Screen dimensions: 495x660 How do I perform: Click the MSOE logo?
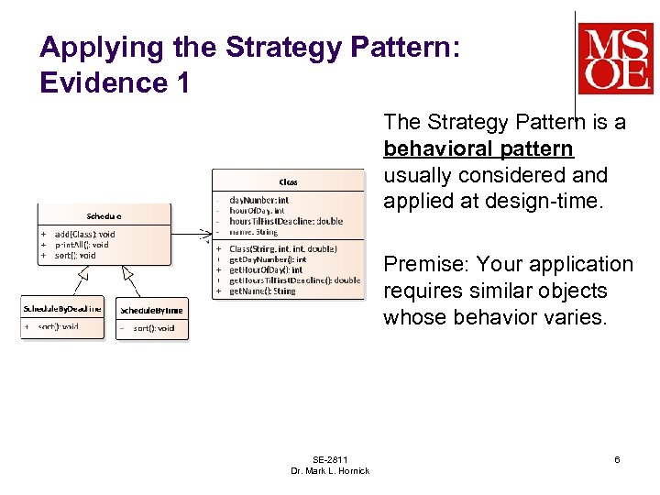615,58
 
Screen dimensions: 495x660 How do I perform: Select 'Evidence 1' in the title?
115,82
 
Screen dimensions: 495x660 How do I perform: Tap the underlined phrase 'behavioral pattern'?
478,148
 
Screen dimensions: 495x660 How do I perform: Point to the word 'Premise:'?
429,265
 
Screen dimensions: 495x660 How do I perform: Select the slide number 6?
617,459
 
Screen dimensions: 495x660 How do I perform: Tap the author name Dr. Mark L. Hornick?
330,470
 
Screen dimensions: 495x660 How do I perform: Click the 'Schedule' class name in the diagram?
104,216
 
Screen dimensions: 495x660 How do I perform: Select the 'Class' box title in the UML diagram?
288,181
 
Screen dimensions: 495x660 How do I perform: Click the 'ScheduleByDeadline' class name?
62,309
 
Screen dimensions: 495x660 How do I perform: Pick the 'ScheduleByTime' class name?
152,310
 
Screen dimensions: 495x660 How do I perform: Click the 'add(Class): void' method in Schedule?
85,235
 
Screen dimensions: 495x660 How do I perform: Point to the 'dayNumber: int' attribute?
258,199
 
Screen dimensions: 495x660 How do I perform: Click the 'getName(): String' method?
262,291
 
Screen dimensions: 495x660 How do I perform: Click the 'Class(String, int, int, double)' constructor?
282,248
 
